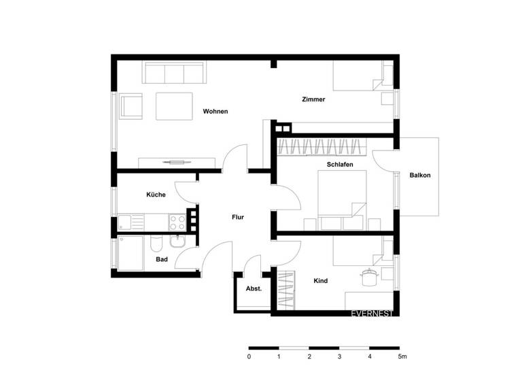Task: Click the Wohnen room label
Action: pos(215,111)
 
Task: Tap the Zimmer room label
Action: pos(313,99)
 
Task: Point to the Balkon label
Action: pos(419,175)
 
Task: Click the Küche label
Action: pos(156,195)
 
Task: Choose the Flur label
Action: pos(238,217)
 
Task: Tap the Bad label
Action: pos(162,259)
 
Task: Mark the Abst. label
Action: pos(254,288)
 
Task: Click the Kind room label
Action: pos(321,280)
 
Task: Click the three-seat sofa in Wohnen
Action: pos(174,72)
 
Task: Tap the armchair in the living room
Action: pos(130,106)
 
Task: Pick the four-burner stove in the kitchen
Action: pos(177,222)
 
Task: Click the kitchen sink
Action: pos(128,222)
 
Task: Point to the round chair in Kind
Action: pos(369,276)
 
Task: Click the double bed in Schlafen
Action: pos(342,201)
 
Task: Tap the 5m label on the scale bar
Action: pos(402,357)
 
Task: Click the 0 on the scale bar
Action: pos(249,357)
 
